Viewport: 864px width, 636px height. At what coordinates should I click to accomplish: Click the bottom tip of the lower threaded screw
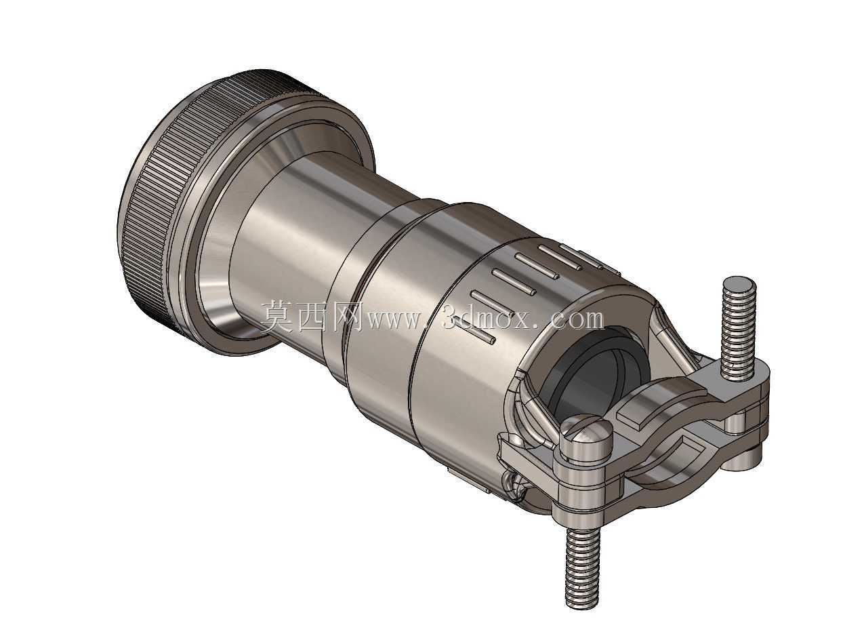[x=581, y=608]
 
